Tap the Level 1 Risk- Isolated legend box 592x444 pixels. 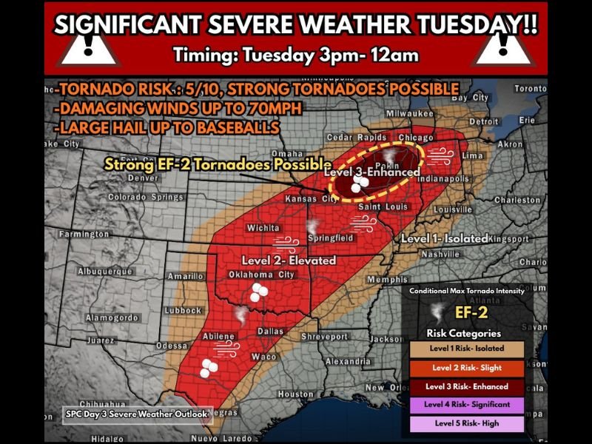[x=466, y=349]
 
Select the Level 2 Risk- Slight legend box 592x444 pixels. [x=466, y=368]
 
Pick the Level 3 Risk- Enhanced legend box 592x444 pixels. [x=466, y=386]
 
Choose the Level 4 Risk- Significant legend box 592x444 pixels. [x=466, y=406]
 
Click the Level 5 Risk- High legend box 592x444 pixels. [x=466, y=424]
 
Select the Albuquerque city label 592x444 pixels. [x=104, y=272]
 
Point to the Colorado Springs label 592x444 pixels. [x=146, y=198]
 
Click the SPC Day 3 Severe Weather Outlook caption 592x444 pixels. [x=136, y=414]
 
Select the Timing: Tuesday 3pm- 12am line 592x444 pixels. [x=295, y=55]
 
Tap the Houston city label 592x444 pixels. [x=296, y=394]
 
